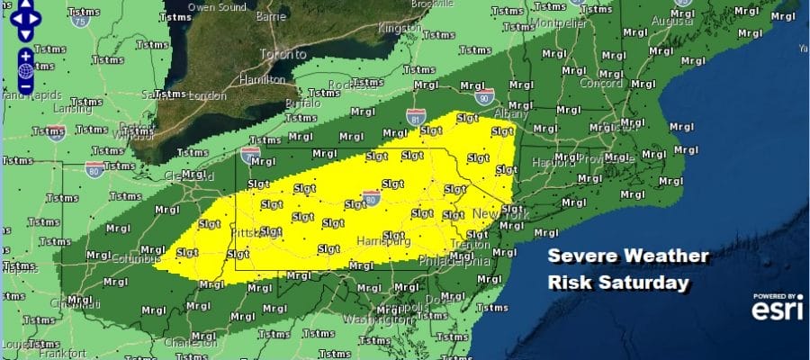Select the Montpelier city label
coord(560,22)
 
